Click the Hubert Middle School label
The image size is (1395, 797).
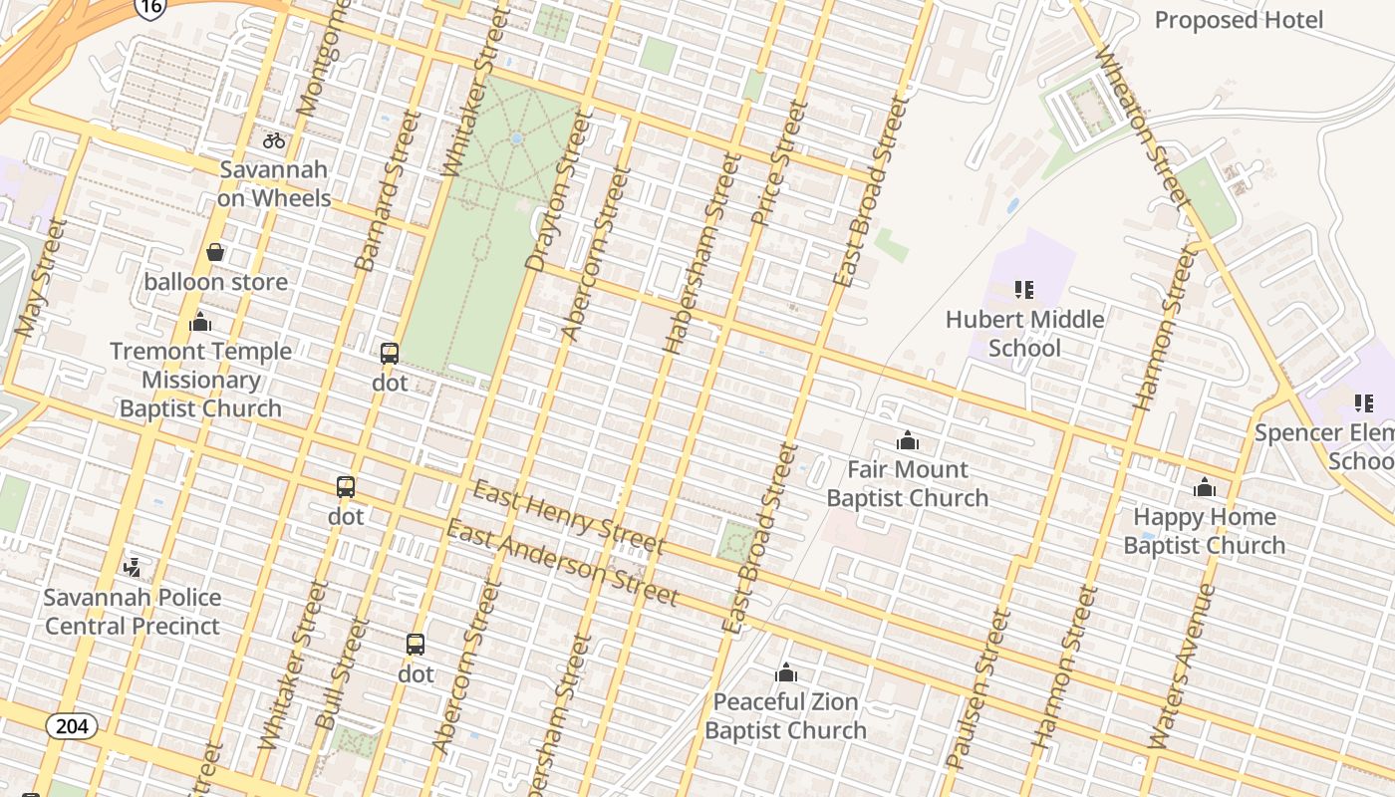1024,334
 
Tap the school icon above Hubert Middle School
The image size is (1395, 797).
1024,290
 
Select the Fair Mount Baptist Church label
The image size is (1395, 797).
907,483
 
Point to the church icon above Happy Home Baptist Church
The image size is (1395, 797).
1205,487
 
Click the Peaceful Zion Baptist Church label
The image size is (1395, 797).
785,715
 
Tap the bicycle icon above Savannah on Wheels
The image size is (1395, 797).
274,140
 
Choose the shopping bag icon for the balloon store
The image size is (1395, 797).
215,252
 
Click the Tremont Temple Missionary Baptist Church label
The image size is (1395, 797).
200,380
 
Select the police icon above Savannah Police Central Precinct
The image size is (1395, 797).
132,567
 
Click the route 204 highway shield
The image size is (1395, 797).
72,726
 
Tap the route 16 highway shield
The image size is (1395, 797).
149,8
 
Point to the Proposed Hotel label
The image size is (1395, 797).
1239,20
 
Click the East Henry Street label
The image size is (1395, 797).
568,516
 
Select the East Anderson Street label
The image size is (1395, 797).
562,563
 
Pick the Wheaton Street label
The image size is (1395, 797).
1143,127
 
